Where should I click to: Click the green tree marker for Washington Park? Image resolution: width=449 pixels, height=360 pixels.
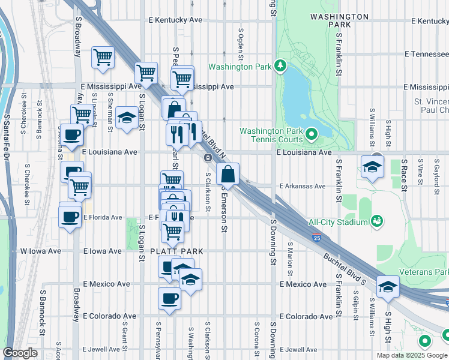pyautogui.click(x=280, y=65)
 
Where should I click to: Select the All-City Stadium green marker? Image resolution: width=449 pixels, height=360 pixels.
pyautogui.click(x=376, y=222)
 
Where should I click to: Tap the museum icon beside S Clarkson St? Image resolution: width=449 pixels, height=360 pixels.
pyautogui.click(x=208, y=158)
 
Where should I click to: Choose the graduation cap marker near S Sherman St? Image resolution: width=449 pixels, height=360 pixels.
pyautogui.click(x=127, y=118)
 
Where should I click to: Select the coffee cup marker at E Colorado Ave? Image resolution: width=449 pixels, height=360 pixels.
pyautogui.click(x=169, y=298)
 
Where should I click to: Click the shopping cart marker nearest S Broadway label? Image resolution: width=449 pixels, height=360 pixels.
pyautogui.click(x=103, y=57)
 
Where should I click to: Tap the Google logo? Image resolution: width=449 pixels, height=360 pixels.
pyautogui.click(x=20, y=353)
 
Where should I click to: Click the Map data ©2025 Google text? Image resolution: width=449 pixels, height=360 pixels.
pyautogui.click(x=411, y=355)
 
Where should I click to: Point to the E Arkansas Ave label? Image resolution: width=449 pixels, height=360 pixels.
pyautogui.click(x=303, y=186)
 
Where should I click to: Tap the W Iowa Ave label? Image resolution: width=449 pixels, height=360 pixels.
pyautogui.click(x=41, y=251)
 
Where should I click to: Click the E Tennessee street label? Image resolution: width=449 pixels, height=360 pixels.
pyautogui.click(x=426, y=54)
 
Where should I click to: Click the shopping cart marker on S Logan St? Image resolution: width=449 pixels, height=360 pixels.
pyautogui.click(x=146, y=73)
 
